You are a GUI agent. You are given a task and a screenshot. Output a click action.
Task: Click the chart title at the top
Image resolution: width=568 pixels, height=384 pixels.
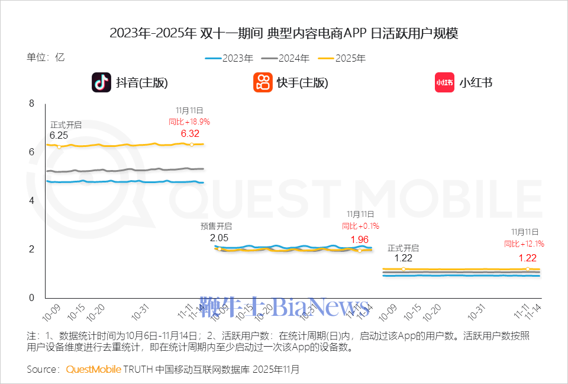point(284,33)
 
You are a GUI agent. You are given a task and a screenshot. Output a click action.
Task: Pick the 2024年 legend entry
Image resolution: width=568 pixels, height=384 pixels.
point(286,58)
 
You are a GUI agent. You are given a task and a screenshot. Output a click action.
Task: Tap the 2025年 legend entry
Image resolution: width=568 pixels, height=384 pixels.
point(342,58)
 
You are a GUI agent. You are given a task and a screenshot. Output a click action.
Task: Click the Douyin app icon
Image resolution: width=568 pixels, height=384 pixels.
point(101,82)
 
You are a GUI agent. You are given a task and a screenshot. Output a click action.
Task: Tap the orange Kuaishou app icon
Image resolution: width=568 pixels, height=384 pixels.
point(263,82)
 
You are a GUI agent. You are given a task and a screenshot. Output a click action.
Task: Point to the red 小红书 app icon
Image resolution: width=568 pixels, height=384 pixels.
point(444,82)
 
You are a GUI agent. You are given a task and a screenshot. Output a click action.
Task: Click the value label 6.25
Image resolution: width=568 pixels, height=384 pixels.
point(59,136)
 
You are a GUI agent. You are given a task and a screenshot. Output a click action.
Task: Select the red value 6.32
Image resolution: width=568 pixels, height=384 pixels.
point(191,133)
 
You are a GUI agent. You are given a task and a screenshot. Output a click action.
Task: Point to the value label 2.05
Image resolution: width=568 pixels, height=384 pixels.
point(219,238)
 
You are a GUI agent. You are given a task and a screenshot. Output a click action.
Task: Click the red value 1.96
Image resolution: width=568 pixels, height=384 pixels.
point(360,239)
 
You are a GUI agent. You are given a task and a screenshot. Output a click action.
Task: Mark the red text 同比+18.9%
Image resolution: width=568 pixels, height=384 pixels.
point(189,121)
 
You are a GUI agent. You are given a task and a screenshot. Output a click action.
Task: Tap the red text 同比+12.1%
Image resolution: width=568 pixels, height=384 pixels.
point(524,244)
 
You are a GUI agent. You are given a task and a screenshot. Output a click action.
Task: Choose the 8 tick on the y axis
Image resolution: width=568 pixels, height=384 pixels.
point(32,104)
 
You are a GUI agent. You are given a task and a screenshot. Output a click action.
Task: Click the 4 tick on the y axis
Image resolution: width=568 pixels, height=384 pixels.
point(32,201)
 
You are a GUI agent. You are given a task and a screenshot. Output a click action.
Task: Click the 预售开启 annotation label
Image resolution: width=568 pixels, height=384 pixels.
point(216,226)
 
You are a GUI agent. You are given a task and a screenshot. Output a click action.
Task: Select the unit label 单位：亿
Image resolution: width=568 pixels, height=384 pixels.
point(46,57)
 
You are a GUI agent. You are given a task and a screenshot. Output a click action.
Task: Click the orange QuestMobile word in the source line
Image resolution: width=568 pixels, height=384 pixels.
point(93,369)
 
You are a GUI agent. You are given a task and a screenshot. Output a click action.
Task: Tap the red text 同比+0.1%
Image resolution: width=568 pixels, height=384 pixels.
point(360,226)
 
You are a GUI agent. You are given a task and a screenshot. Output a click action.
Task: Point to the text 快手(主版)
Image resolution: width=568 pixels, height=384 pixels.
point(302,83)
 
